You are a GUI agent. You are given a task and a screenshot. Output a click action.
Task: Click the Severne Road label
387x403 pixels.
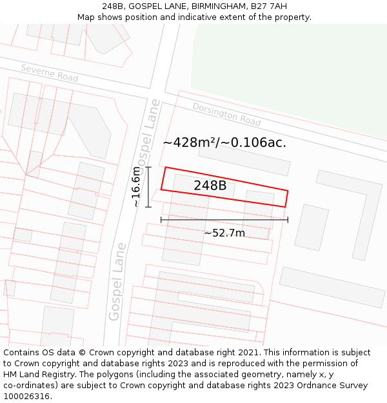coord(49,73)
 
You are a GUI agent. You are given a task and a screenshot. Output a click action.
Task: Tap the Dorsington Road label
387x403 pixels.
coord(226,114)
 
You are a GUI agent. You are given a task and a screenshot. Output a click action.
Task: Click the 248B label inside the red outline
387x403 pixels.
coord(210,186)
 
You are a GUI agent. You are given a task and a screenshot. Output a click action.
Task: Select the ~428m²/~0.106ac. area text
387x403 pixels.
coord(224,143)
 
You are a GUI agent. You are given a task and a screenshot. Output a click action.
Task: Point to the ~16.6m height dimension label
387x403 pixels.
coord(136,187)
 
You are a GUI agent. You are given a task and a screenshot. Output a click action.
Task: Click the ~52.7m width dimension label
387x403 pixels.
coord(224,233)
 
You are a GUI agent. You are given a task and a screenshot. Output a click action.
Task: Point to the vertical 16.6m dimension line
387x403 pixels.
coord(149,187)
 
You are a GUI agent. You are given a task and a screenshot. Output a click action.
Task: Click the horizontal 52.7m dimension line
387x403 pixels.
coord(224,220)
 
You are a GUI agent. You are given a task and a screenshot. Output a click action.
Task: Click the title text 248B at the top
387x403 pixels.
coord(113,6)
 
